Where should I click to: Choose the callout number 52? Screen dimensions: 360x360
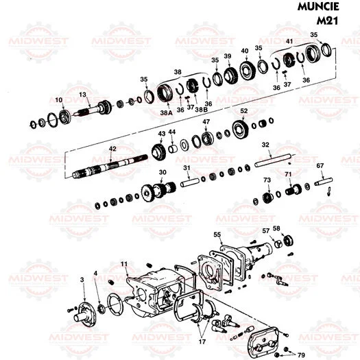coord(243,110)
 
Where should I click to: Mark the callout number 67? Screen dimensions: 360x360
coord(320,166)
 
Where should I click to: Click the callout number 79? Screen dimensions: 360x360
coord(300,355)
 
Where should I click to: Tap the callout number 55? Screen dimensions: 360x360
coord(217,235)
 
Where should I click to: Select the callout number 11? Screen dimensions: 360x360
coord(124,263)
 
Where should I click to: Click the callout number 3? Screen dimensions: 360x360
coord(82,280)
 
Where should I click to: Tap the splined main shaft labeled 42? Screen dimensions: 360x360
coord(110,166)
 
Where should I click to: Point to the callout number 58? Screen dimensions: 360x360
coord(276,228)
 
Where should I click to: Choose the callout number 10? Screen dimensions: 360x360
coord(59,101)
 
